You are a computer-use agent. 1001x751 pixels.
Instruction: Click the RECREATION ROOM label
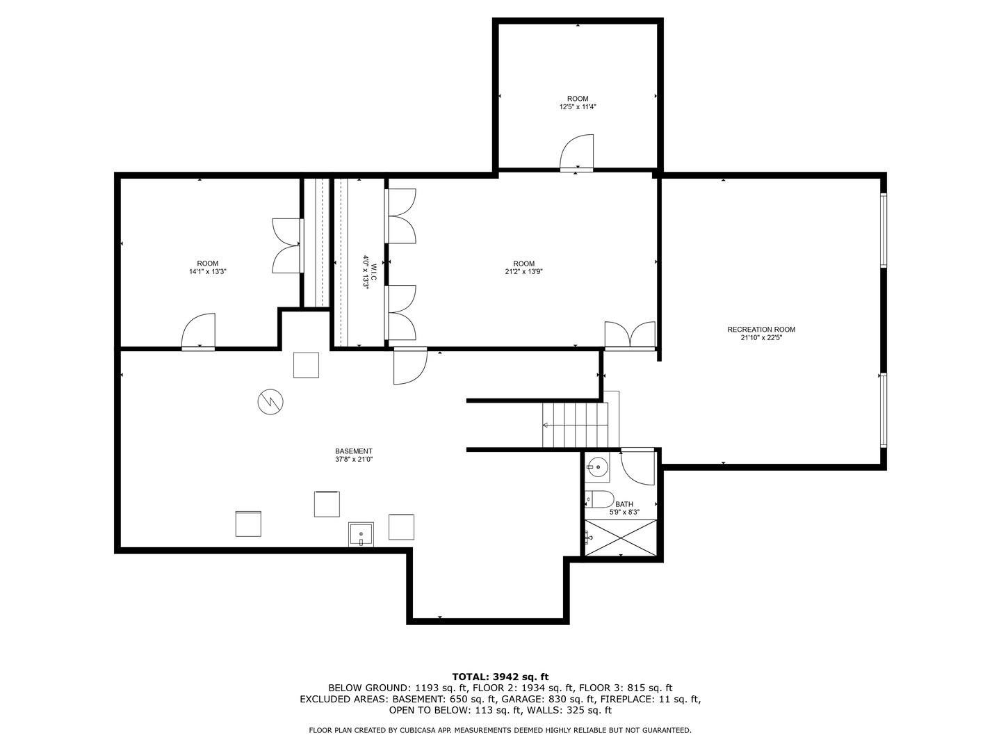(x=761, y=330)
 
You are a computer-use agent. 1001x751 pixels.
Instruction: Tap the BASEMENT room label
(x=354, y=451)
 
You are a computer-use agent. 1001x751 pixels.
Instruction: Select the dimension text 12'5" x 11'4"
(x=578, y=107)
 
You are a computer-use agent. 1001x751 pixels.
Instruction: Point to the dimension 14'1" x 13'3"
(x=207, y=272)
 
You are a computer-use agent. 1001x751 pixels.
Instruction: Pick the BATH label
(x=624, y=504)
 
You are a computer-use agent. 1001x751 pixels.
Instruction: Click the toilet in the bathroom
(x=600, y=499)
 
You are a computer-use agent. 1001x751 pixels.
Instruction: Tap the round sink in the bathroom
(x=596, y=467)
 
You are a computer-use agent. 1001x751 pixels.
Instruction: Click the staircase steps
(x=575, y=425)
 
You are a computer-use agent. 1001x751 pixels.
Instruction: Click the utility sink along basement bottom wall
(x=361, y=534)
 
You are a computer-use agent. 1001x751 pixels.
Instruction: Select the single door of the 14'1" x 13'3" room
(x=199, y=331)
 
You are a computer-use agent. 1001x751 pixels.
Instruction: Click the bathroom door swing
(x=637, y=467)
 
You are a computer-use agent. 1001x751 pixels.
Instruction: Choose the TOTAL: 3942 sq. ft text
(x=500, y=676)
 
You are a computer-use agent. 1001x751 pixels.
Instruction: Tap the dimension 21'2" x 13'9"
(x=523, y=272)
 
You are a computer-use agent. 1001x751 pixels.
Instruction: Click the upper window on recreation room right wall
(x=884, y=230)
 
